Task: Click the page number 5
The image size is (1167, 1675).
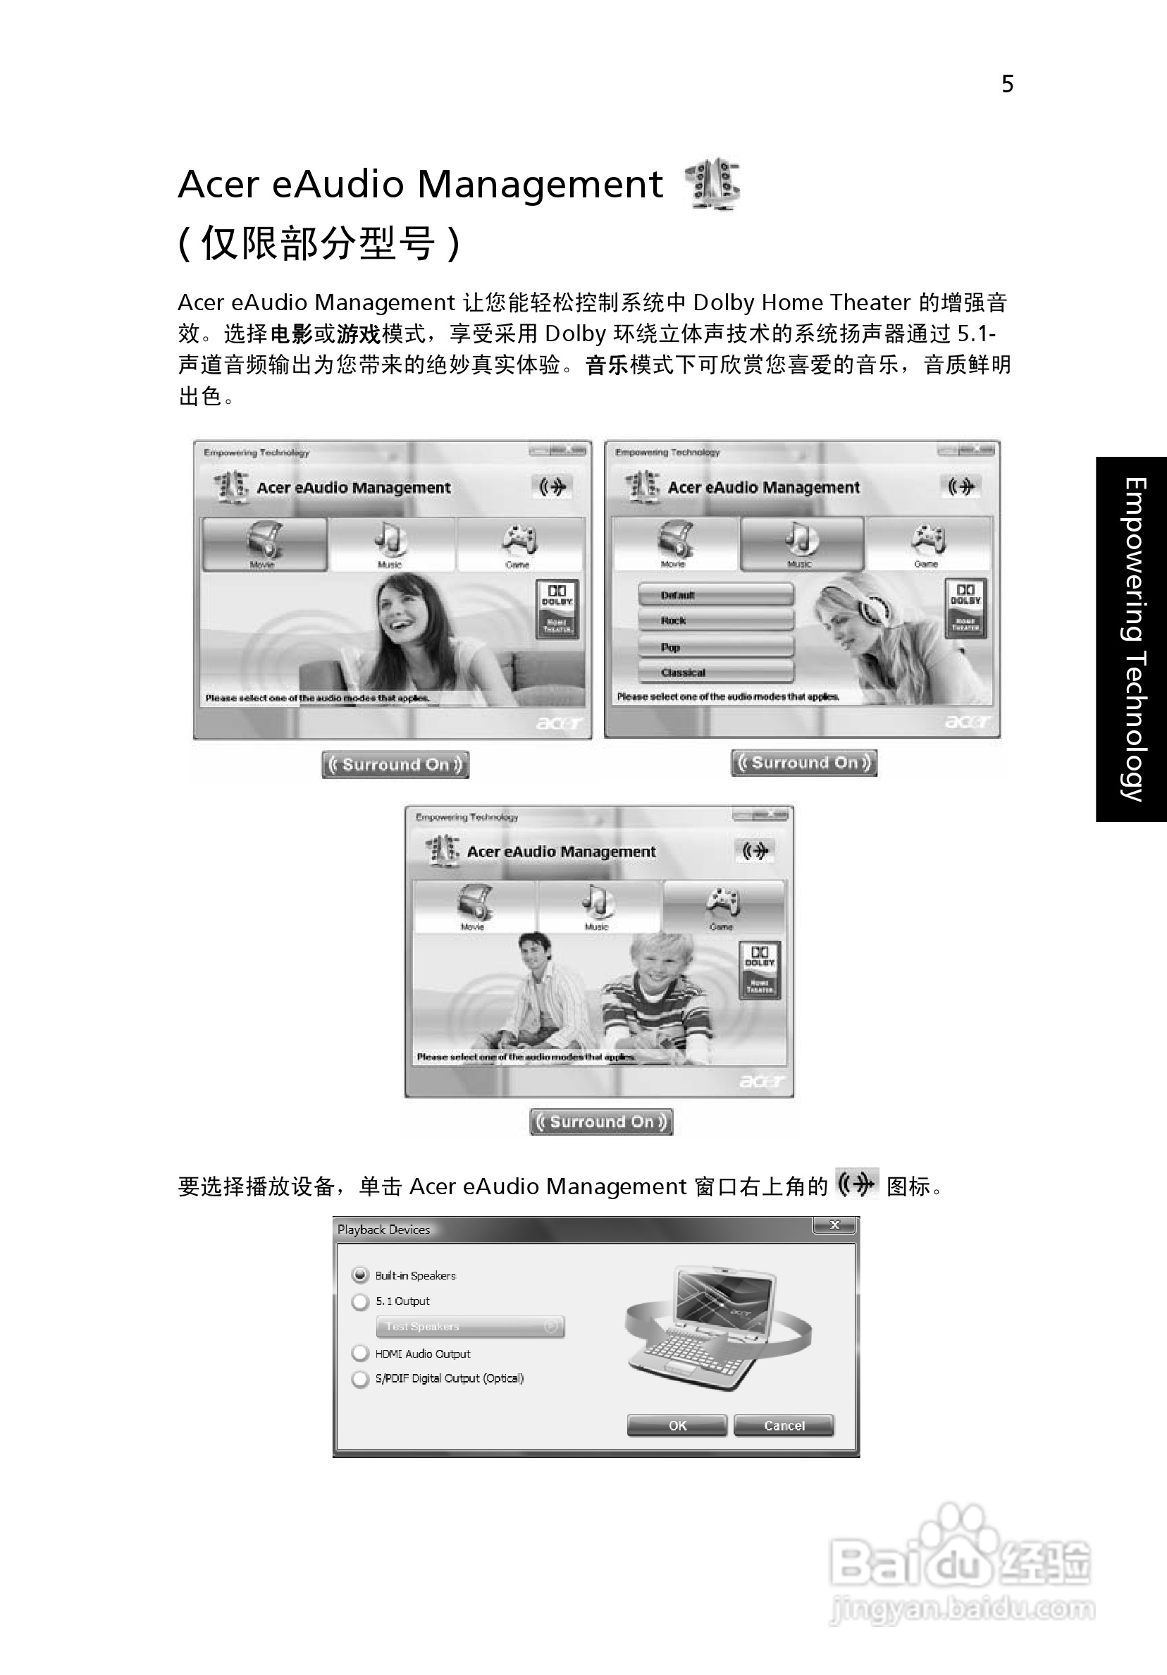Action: pos(1007,85)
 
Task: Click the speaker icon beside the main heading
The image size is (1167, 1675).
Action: pos(712,184)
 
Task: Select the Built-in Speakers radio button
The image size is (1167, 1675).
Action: pos(360,1275)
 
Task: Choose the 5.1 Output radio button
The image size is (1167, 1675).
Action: pos(360,1301)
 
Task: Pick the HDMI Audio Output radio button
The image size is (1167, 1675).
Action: pos(360,1354)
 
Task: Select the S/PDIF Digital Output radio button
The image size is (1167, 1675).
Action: pos(360,1379)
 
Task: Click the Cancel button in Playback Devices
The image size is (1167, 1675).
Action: pos(784,1425)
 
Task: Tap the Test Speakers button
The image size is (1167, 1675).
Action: pos(471,1326)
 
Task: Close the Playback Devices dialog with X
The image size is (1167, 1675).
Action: pos(835,1226)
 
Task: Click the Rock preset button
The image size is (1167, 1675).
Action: pos(715,621)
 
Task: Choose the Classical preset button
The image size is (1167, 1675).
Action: pos(715,673)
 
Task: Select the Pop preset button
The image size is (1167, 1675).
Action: pos(715,647)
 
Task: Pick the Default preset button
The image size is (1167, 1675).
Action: pos(715,594)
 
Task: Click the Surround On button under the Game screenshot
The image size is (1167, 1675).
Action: pos(601,1122)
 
